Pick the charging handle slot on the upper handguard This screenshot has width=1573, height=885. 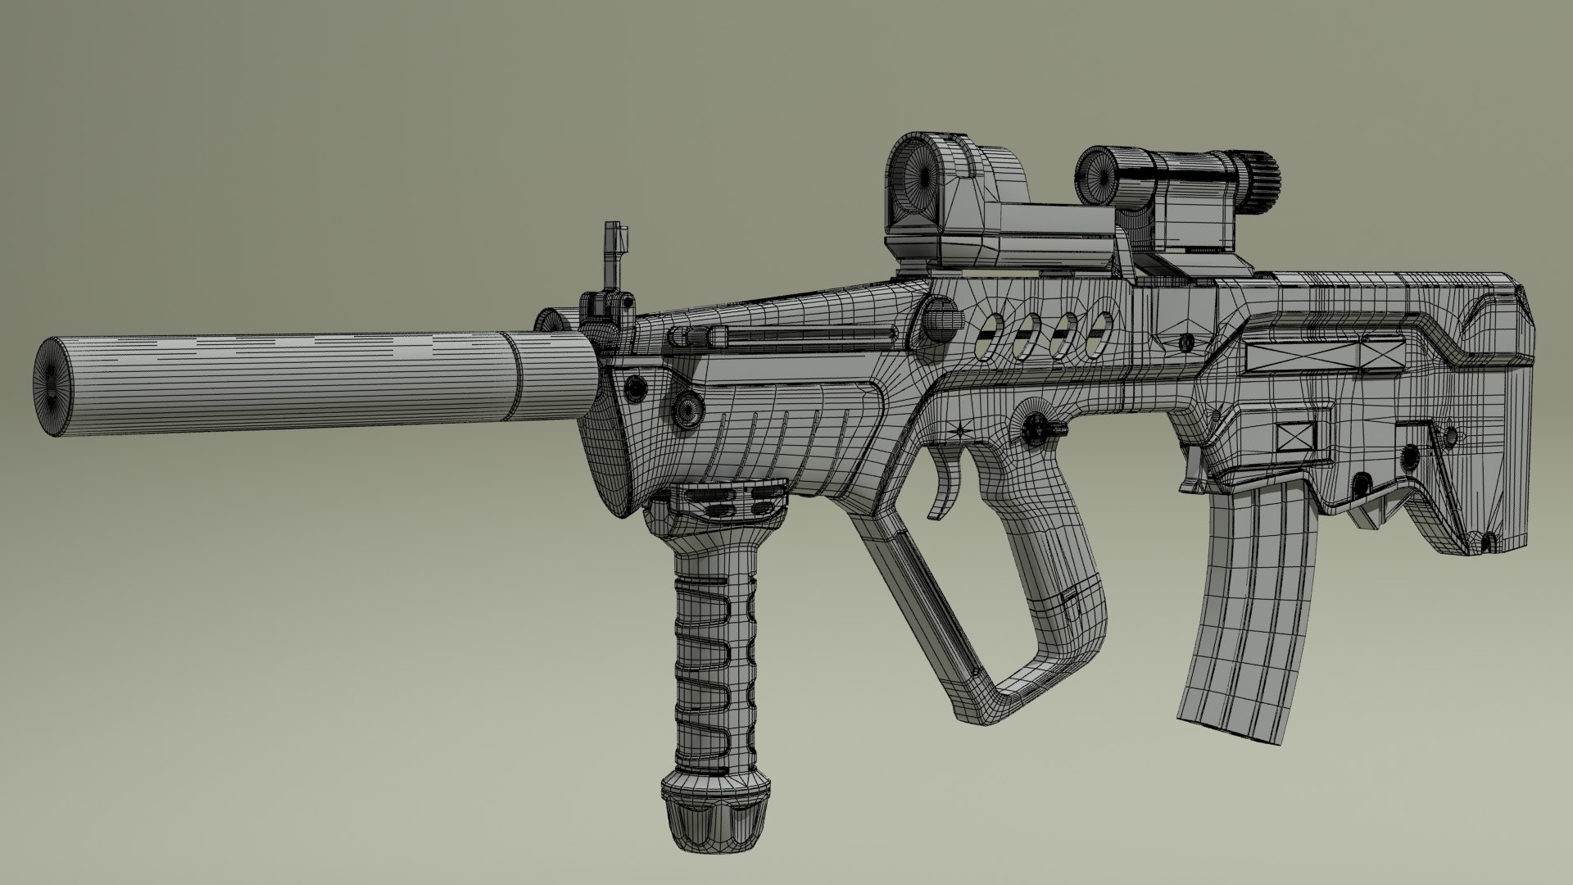[803, 334]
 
